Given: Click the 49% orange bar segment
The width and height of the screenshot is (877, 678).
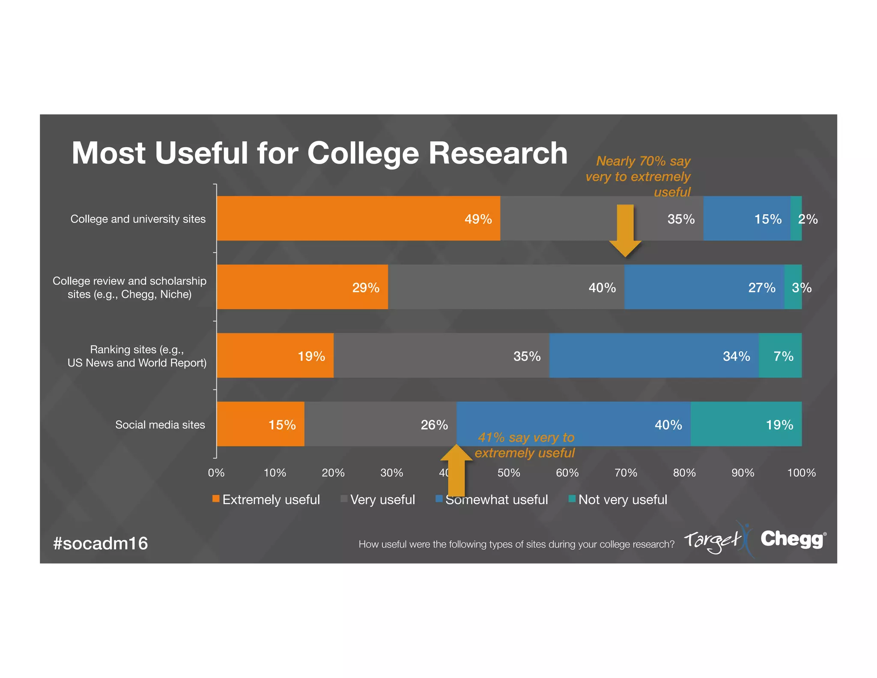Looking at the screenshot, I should pos(358,218).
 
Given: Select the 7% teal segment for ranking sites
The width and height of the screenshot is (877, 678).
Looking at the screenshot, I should pos(780,355).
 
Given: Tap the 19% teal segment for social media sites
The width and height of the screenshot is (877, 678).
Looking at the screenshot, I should pos(746,424).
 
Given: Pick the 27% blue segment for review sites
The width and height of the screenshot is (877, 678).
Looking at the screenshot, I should pos(704,287).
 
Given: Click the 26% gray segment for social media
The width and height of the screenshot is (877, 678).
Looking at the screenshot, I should pos(380,424).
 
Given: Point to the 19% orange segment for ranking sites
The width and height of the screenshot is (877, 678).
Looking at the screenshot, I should pos(275,355).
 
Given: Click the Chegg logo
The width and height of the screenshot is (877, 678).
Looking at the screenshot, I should pos(792,540).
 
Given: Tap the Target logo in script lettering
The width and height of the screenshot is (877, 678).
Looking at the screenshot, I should pos(713,541).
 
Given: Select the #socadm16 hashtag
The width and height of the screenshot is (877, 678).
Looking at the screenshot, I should pos(101,543).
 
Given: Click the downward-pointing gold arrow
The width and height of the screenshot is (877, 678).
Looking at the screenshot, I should pos(625,231).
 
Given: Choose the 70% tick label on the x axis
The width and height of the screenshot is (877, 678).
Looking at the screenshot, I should pos(626,473).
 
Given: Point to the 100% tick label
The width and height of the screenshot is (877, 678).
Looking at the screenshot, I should pos(801,473).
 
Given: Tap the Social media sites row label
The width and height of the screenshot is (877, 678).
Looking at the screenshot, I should pos(160,425).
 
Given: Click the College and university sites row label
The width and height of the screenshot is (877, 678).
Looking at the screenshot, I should pos(138,219).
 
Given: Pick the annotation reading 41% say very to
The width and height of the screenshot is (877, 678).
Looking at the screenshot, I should pos(526,438).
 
